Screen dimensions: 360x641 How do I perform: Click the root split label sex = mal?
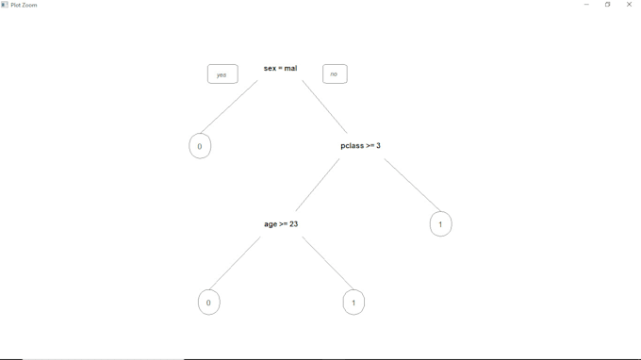280,68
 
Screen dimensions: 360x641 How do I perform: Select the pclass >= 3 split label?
360,146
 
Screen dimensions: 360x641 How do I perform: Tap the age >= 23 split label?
281,224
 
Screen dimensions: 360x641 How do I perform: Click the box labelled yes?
222,74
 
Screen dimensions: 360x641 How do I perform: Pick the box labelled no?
335,74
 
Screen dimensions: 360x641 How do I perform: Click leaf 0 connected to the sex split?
200,146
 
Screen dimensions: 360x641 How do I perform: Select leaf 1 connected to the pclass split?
440,224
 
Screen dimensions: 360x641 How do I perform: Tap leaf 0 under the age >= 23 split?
209,303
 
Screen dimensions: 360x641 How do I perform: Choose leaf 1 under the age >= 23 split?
353,303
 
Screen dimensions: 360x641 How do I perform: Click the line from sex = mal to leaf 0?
229,106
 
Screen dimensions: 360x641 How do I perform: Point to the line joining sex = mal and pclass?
324,106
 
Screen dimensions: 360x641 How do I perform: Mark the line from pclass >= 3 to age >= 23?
317,185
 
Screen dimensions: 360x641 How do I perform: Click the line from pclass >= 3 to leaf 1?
412,185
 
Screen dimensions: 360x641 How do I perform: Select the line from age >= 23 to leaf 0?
236,262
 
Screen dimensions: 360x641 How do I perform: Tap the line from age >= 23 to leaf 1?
326,261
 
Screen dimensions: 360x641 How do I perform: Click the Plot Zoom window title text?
24,5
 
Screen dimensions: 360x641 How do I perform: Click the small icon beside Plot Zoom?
5,5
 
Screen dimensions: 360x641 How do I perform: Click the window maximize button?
608,5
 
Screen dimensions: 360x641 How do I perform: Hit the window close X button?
630,5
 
